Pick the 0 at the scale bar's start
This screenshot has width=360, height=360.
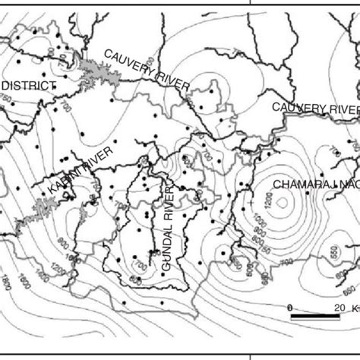pos(289,306)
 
